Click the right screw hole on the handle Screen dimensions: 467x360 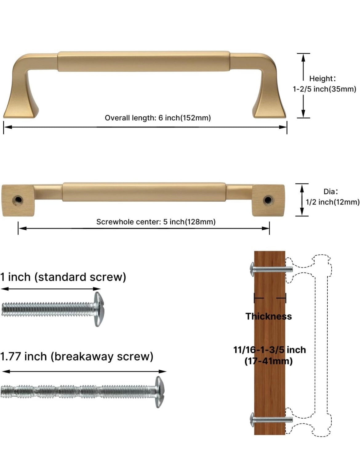267,200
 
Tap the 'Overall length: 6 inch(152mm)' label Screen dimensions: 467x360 158,118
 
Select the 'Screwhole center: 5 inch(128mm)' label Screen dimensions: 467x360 156,222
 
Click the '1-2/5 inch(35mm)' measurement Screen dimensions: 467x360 324,89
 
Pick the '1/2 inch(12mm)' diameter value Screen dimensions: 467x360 332,202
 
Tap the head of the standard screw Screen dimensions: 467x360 98,309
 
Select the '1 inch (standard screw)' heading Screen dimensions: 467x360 63,277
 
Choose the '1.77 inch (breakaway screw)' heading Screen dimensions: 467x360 77,356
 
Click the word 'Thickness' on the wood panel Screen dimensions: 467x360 269,316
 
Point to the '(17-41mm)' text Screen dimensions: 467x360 268,361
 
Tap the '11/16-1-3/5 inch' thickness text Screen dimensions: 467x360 270,350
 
